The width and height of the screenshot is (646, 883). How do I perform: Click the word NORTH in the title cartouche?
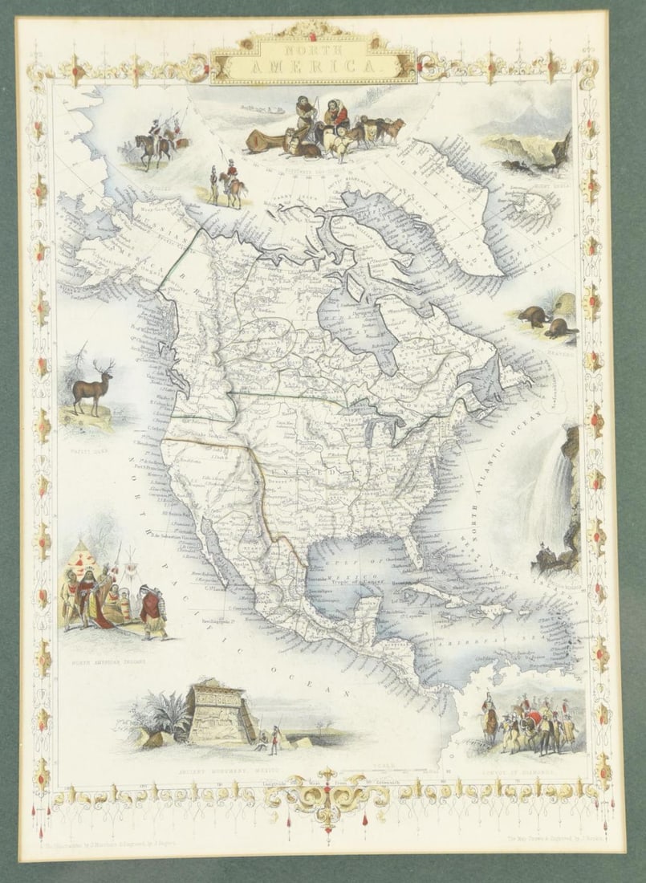pos(314,51)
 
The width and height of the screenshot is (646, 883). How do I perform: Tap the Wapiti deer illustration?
pos(91,389)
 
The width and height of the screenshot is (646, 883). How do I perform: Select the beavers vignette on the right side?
pos(546,318)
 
